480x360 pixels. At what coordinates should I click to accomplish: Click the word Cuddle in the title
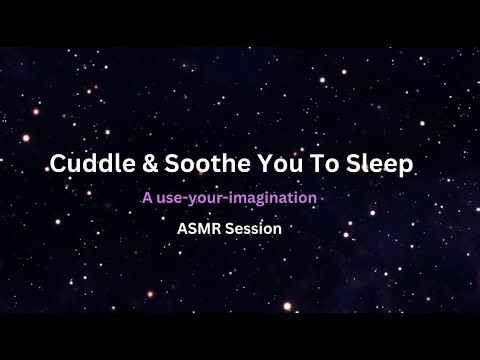pos(88,164)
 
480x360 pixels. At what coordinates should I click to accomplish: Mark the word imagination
pos(276,199)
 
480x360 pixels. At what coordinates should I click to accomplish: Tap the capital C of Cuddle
pos(58,164)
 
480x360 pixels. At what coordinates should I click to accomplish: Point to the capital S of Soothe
pos(162,164)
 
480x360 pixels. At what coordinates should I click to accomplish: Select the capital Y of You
pos(247,164)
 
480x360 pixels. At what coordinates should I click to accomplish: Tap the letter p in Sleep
pos(402,167)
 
